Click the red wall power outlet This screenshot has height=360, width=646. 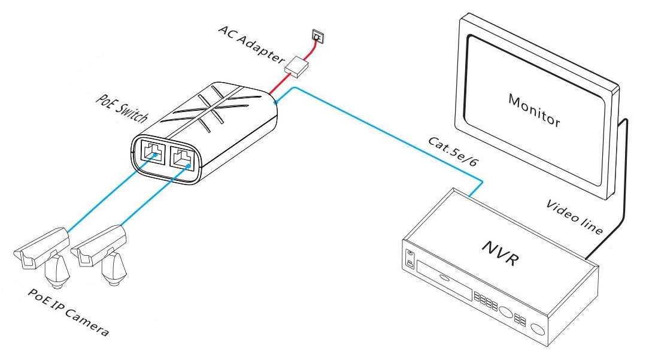[317, 37]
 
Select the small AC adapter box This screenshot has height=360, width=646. [296, 65]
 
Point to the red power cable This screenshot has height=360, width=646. [281, 84]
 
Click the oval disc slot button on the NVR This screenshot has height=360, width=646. [443, 277]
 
